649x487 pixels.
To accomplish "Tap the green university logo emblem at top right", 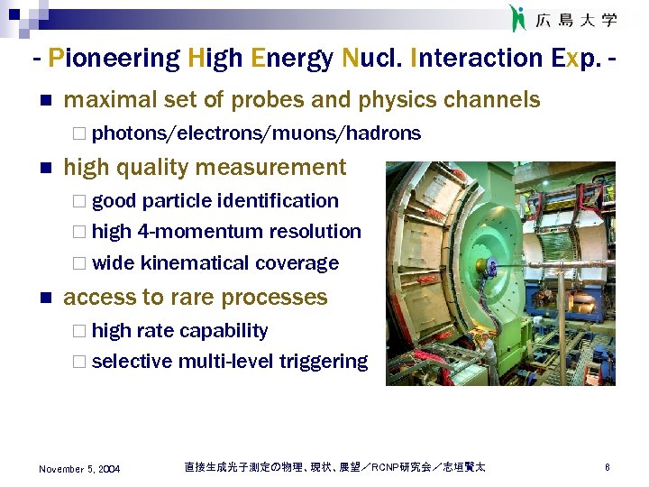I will (x=517, y=18).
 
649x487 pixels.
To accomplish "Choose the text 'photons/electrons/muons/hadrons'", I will (x=256, y=133).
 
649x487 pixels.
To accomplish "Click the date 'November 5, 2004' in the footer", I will (x=79, y=468).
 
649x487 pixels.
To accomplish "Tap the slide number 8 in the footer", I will (x=608, y=467).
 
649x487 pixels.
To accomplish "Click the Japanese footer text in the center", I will (x=334, y=467).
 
